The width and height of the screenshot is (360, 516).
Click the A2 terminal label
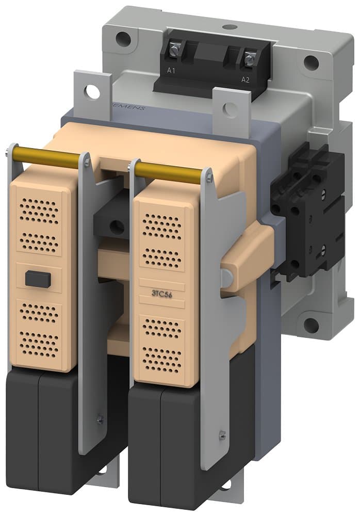pyautogui.click(x=246, y=79)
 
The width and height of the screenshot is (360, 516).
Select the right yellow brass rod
pyautogui.click(x=171, y=172)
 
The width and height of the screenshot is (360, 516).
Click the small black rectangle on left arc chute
pyautogui.click(x=38, y=279)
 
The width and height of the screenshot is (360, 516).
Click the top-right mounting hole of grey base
pyautogui.click(x=310, y=62)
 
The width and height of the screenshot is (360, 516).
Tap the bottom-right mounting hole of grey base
pyautogui.click(x=311, y=325)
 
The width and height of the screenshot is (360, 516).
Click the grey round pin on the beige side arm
pyautogui.click(x=225, y=276)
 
